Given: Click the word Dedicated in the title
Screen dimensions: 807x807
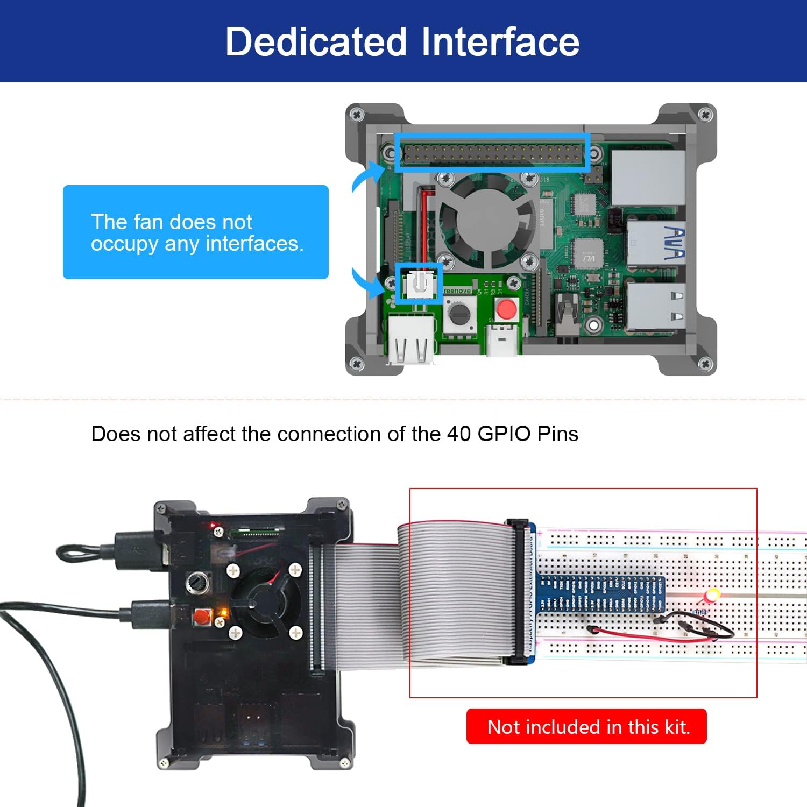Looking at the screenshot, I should [x=315, y=42].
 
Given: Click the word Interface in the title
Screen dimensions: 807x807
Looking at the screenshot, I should [x=500, y=42].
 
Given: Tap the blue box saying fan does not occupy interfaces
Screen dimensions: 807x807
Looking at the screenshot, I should [x=195, y=232].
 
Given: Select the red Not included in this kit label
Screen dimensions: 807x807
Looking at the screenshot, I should [x=586, y=727].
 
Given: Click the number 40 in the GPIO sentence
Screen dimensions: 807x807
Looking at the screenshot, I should [x=458, y=434].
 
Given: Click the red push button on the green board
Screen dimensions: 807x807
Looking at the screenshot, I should [x=506, y=309].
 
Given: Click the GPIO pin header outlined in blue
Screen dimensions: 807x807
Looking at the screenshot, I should [x=492, y=153].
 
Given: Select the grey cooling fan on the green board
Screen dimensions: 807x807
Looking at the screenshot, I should [x=487, y=221].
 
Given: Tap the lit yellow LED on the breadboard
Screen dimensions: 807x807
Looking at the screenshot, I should [x=712, y=596].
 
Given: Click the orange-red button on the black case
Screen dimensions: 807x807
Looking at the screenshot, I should [x=202, y=617].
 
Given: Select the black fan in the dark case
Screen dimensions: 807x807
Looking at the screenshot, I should [x=265, y=600].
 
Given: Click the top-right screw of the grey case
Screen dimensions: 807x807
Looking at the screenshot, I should [x=706, y=115].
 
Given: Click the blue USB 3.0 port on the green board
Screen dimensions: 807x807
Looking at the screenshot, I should [x=655, y=243].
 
